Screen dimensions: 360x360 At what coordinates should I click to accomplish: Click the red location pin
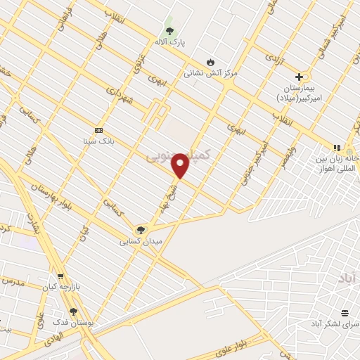[181, 165]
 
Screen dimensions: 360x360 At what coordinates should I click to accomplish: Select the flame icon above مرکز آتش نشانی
[208, 60]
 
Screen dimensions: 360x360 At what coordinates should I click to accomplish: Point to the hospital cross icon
[299, 77]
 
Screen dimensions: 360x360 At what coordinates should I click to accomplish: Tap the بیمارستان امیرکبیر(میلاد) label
[298, 94]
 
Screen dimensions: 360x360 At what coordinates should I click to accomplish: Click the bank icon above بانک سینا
[98, 130]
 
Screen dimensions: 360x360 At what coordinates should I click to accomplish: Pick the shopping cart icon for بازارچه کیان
[60, 276]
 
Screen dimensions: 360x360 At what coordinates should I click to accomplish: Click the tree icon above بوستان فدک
[73, 311]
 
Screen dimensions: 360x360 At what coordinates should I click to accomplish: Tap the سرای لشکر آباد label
[334, 323]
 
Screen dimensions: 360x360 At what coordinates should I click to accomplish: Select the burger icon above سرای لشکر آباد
[345, 313]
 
